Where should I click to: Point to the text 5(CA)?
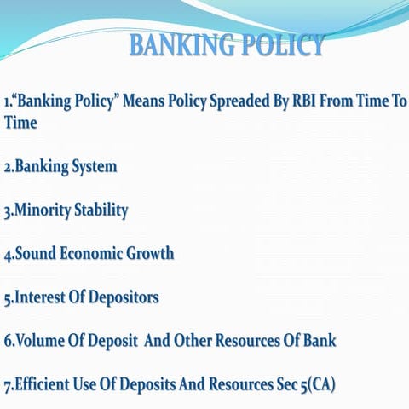coord(314,385)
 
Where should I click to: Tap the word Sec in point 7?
coord(275,385)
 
